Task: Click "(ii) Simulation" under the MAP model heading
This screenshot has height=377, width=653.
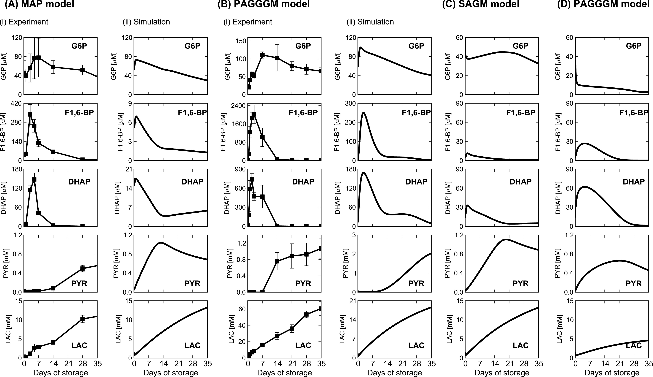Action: (146, 22)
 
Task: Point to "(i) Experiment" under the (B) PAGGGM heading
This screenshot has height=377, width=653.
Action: (248, 22)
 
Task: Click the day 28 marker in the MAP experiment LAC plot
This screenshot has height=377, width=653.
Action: (82, 319)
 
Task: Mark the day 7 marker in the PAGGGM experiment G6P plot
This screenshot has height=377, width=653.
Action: (263, 55)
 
